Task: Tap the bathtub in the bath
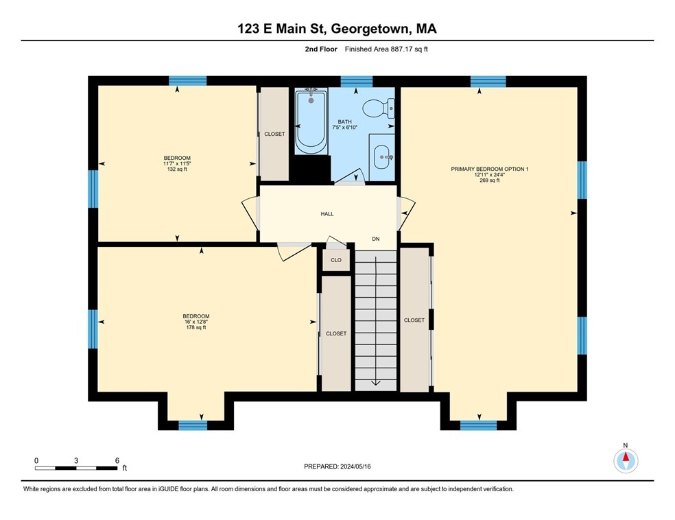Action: pyautogui.click(x=311, y=121)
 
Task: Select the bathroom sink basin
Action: pyautogui.click(x=382, y=157)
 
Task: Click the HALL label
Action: pyautogui.click(x=327, y=214)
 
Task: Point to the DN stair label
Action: pyautogui.click(x=376, y=239)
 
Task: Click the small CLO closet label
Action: pyautogui.click(x=336, y=260)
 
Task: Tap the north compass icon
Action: pyautogui.click(x=626, y=460)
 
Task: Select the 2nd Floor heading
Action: pyautogui.click(x=321, y=49)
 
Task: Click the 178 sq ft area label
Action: pyautogui.click(x=196, y=328)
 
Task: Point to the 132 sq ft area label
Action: pyautogui.click(x=177, y=169)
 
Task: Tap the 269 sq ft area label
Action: pyautogui.click(x=490, y=181)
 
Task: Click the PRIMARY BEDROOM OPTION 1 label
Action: pyautogui.click(x=490, y=169)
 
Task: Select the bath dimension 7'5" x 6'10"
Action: pyautogui.click(x=345, y=128)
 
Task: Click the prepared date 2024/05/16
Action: pyautogui.click(x=355, y=466)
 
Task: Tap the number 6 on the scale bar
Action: pyautogui.click(x=117, y=460)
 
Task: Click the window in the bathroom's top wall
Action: pyautogui.click(x=357, y=82)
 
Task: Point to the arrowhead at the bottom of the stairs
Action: pyautogui.click(x=376, y=383)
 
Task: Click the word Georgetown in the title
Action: pyautogui.click(x=369, y=29)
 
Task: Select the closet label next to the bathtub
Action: pyautogui.click(x=274, y=134)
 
